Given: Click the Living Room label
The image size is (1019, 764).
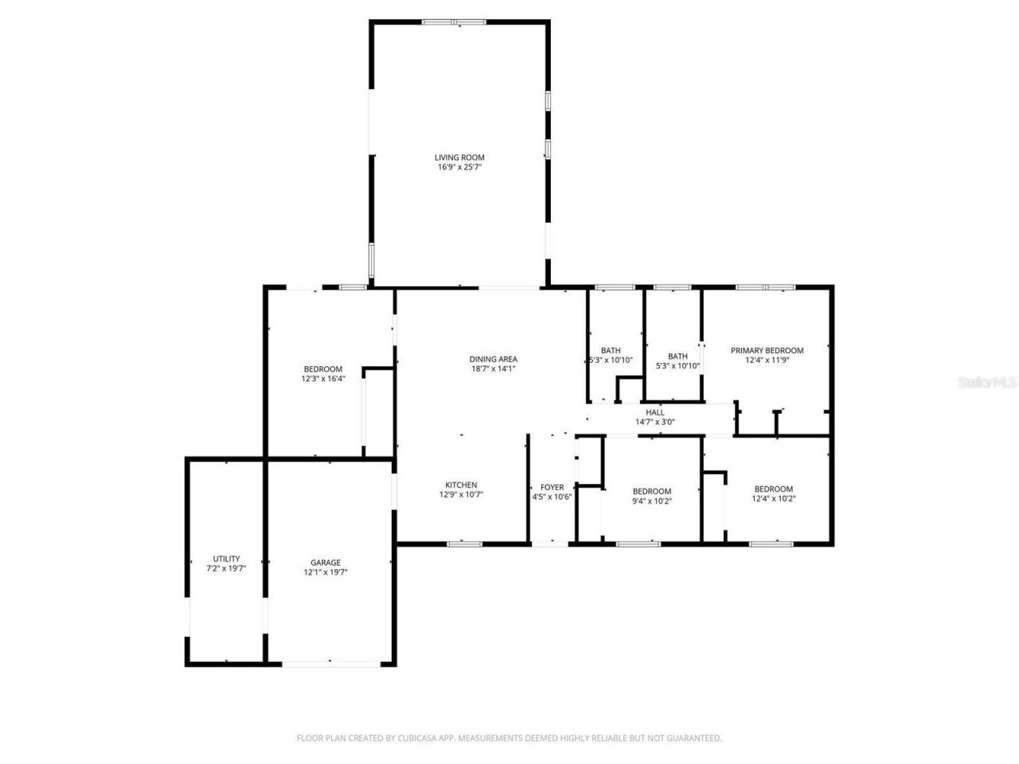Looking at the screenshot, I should tap(459, 158).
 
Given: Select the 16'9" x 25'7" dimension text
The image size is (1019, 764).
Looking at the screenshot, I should tap(459, 168).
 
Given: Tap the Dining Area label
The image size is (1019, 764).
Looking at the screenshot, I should tap(493, 359).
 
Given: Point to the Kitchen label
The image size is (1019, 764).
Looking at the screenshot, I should tap(461, 485).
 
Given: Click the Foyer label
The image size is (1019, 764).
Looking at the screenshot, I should tap(552, 487).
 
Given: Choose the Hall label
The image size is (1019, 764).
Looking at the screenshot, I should tap(654, 412).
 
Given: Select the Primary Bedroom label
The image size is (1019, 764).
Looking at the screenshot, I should tap(767, 350).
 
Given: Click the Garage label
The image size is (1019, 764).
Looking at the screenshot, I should tap(326, 563).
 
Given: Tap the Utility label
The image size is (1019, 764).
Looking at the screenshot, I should tap(226, 559).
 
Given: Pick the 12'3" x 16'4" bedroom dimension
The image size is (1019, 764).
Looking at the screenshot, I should tap(322, 379).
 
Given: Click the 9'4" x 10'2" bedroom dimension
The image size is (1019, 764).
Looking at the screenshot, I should tap(651, 501).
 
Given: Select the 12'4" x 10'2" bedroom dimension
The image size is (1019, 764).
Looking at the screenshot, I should tap(773, 499).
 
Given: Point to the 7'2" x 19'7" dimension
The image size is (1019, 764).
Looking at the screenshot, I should tap(226, 569).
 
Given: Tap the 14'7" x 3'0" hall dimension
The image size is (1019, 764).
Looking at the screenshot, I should tap(654, 423).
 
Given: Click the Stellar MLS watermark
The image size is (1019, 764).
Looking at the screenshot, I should tap(987, 382).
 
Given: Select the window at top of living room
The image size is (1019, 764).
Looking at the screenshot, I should tap(454, 22).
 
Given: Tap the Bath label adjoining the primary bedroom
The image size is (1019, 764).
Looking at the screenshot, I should tap(677, 356).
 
